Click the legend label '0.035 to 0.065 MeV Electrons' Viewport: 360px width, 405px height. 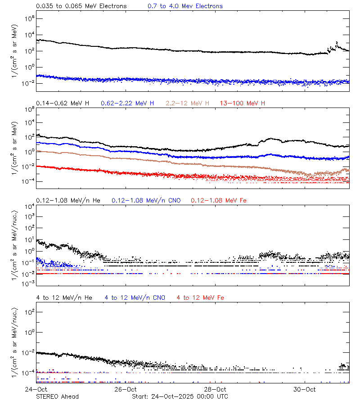point(81,6)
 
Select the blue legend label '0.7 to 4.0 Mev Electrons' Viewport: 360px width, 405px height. point(185,6)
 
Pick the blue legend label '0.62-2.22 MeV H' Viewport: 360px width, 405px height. point(127,103)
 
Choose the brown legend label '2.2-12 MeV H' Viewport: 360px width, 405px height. point(188,103)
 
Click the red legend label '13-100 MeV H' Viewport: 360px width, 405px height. point(243,103)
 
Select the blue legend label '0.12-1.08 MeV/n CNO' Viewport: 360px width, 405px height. point(146,200)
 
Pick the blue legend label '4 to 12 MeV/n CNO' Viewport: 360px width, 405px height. point(135,297)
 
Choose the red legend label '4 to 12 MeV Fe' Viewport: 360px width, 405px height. point(200,297)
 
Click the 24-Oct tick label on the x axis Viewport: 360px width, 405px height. point(36,389)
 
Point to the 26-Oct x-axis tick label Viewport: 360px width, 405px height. point(126,389)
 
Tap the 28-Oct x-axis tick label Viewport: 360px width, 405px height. point(215,389)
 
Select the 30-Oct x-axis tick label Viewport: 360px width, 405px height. point(305,389)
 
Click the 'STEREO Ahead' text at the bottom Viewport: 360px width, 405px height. point(57,396)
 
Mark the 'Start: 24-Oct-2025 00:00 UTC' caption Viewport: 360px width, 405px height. point(180,396)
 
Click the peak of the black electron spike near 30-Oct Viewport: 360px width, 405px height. point(337,42)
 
